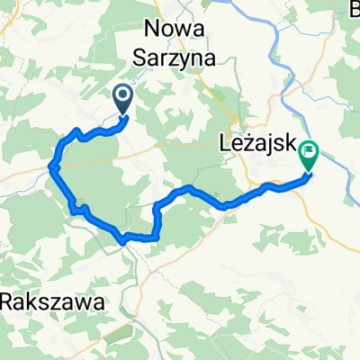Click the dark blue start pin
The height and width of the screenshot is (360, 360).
pyautogui.click(x=122, y=97)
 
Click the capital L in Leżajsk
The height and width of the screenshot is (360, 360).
pyautogui.click(x=225, y=140)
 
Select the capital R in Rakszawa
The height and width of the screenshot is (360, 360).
pyautogui.click(x=8, y=300)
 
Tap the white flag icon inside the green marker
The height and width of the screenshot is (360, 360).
pyautogui.click(x=309, y=152)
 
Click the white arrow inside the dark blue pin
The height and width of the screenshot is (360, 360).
pyautogui.click(x=122, y=94)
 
